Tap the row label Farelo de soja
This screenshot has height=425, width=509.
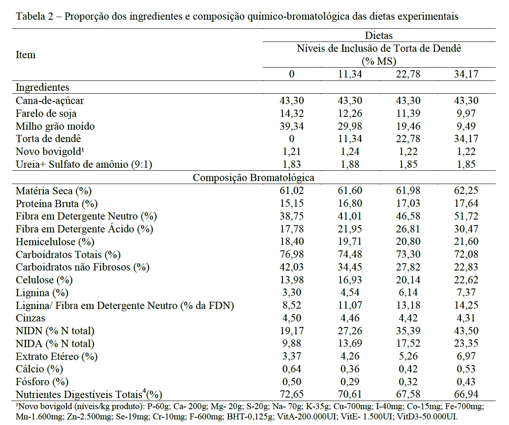coord(46,113)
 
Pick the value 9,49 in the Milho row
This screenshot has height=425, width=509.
coord(466,126)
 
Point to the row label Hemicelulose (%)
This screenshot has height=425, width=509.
coord(55,241)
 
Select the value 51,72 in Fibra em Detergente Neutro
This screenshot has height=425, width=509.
coord(466,216)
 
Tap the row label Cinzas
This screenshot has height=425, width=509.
coord(30,318)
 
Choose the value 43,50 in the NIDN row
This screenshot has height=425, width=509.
coord(466,331)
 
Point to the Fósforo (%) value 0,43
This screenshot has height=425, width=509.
coord(466,382)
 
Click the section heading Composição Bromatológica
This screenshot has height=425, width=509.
coord(254,178)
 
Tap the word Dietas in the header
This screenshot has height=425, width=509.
coord(379,36)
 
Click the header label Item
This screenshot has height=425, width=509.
coord(25,55)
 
